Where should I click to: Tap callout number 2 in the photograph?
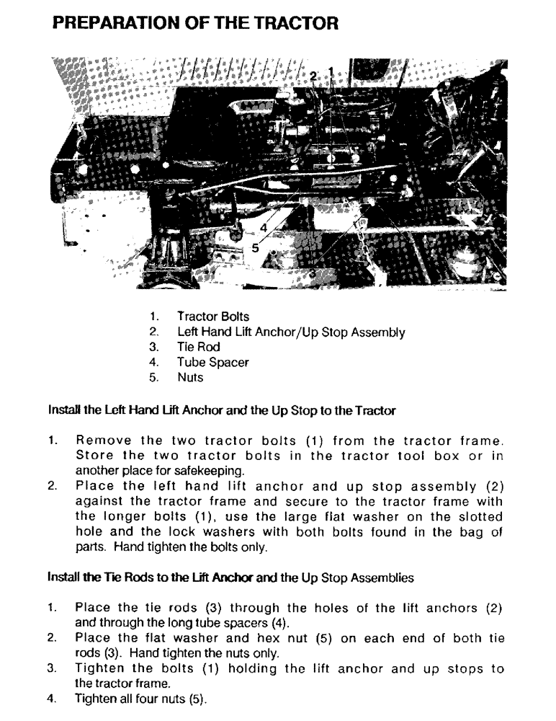(x=313, y=75)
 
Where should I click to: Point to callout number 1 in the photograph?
(x=331, y=71)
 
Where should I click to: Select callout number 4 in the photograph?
(x=264, y=228)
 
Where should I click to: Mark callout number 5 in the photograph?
(x=255, y=247)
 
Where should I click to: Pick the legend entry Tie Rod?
(x=199, y=348)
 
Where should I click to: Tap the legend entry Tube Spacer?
(x=212, y=363)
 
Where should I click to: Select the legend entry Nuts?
(x=190, y=378)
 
